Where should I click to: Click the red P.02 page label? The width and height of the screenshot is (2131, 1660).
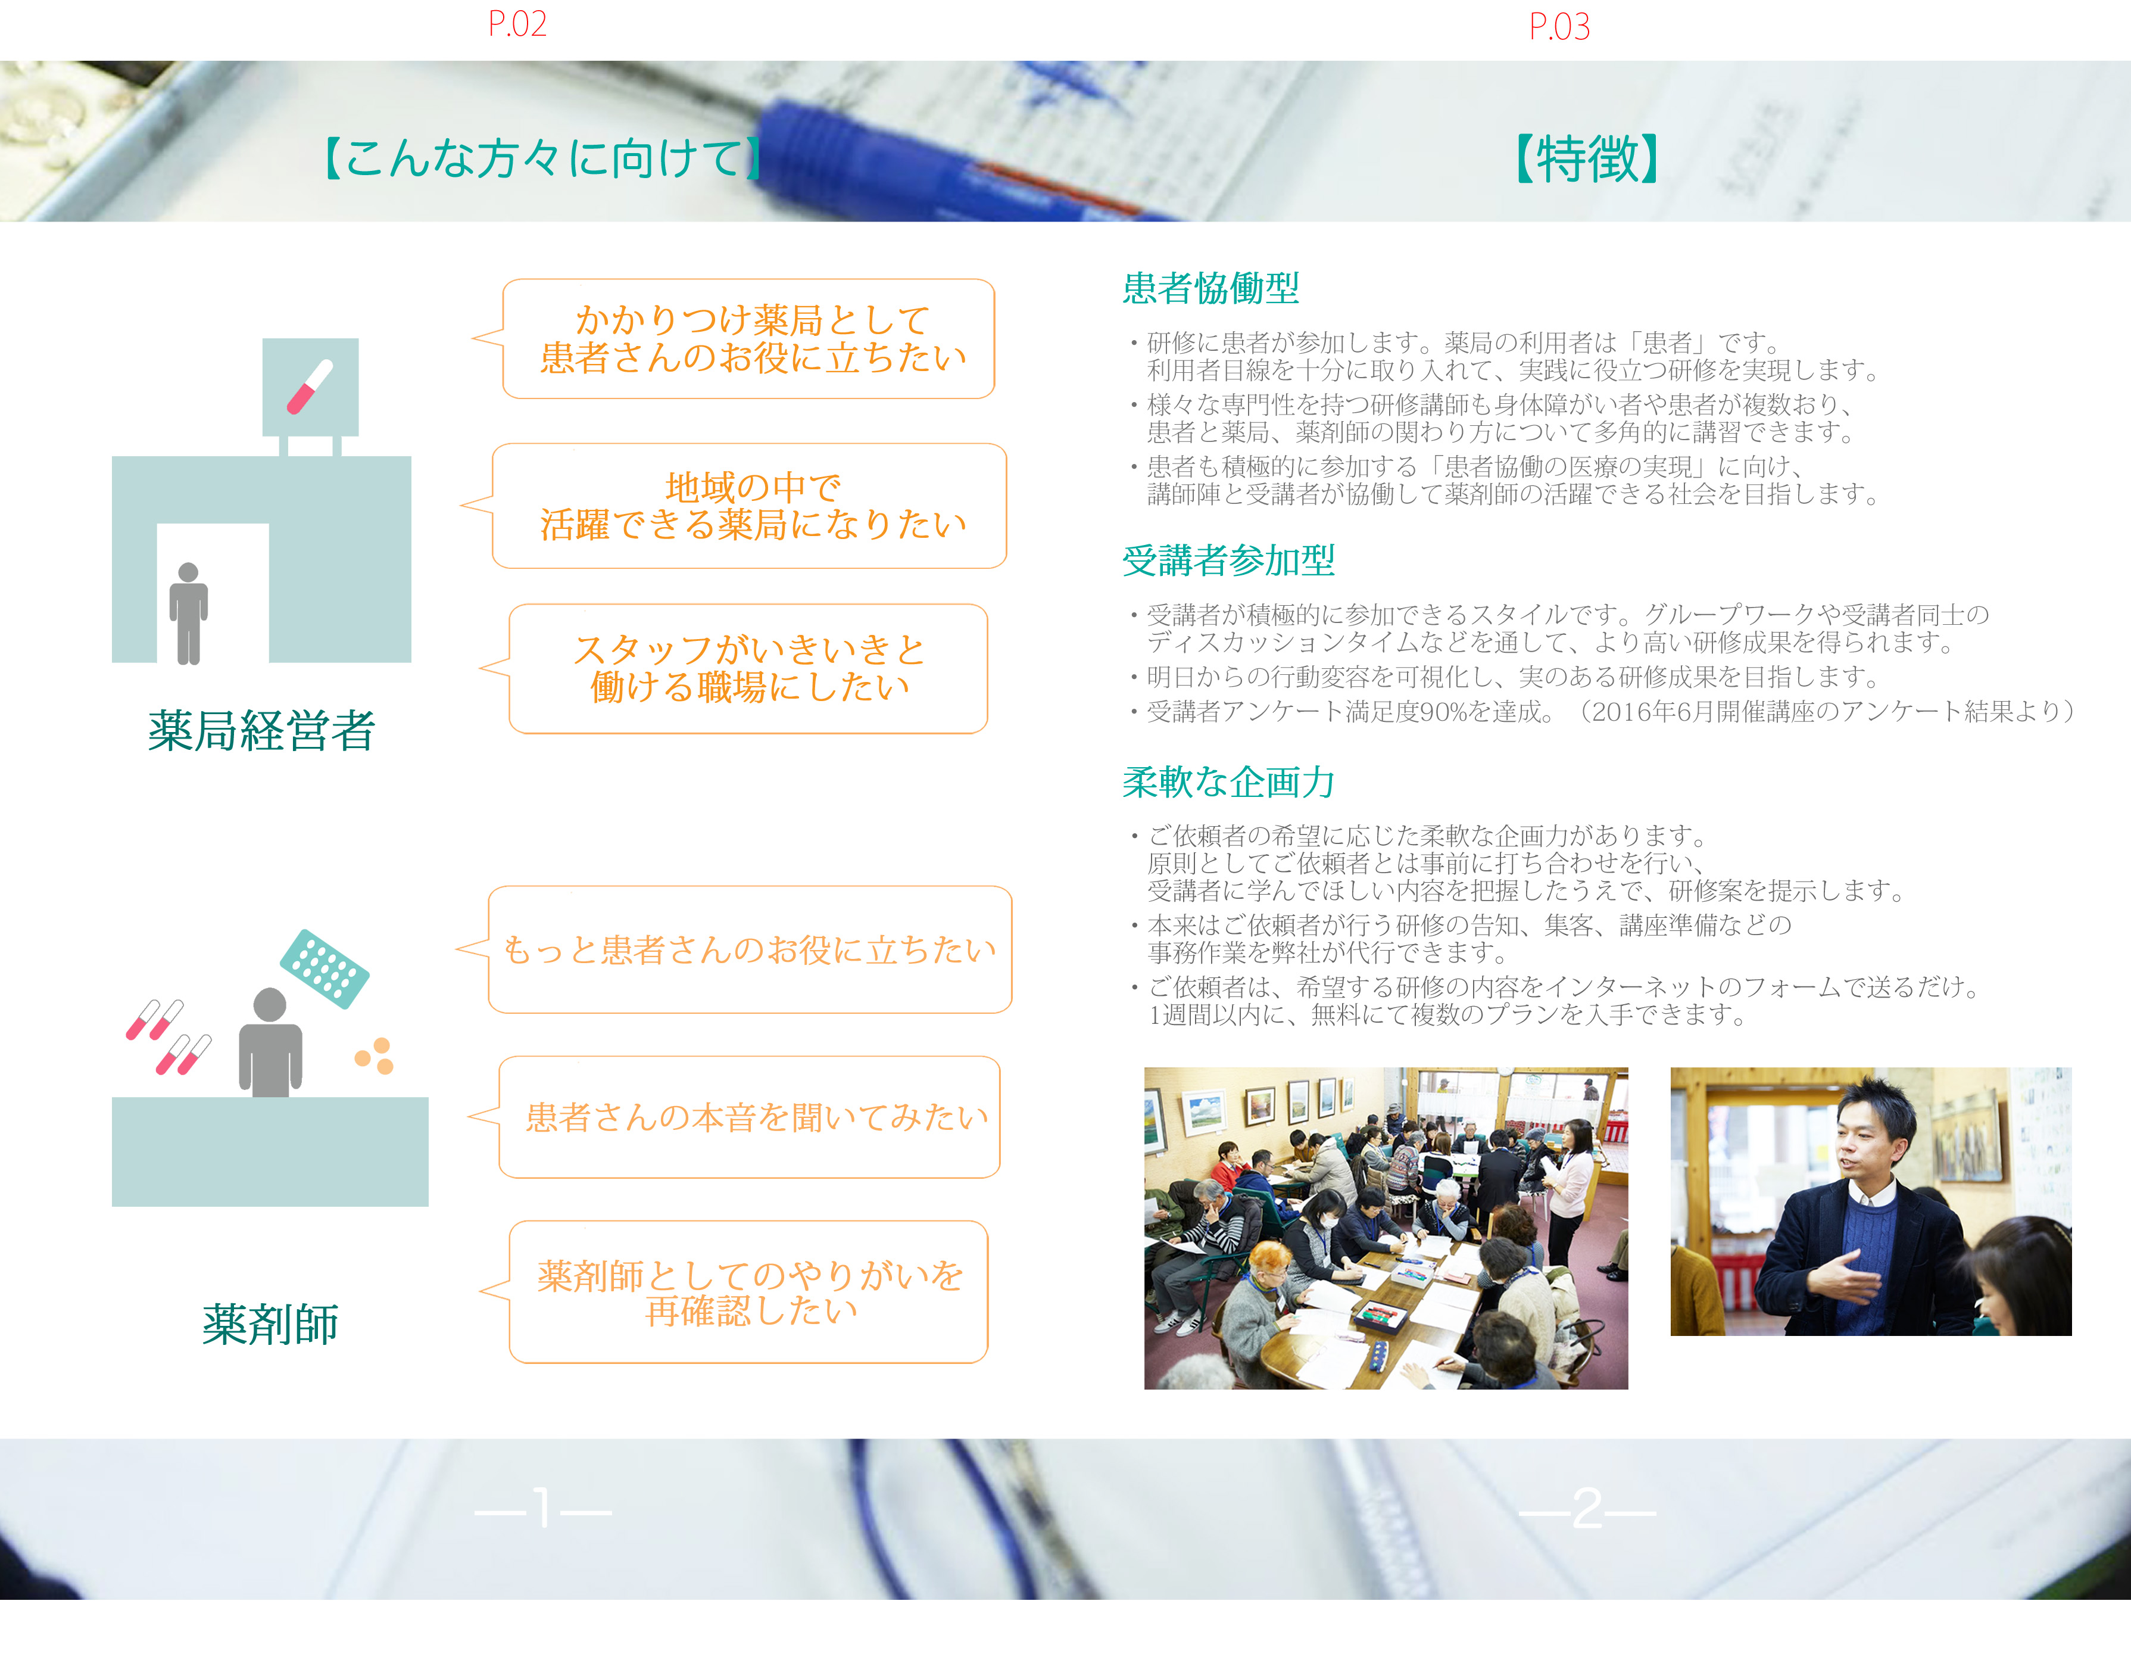pyautogui.click(x=517, y=23)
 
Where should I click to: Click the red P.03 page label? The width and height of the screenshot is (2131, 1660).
pyautogui.click(x=1559, y=26)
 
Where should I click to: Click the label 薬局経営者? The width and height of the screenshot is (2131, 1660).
pyautogui.click(x=261, y=730)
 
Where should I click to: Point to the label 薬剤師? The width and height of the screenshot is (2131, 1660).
pyautogui.click(x=270, y=1324)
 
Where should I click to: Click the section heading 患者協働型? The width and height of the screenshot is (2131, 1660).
pyautogui.click(x=1211, y=288)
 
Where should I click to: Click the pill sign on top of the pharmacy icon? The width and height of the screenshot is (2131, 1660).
pyautogui.click(x=310, y=387)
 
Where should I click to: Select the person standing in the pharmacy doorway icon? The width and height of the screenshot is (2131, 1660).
pyautogui.click(x=188, y=613)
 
